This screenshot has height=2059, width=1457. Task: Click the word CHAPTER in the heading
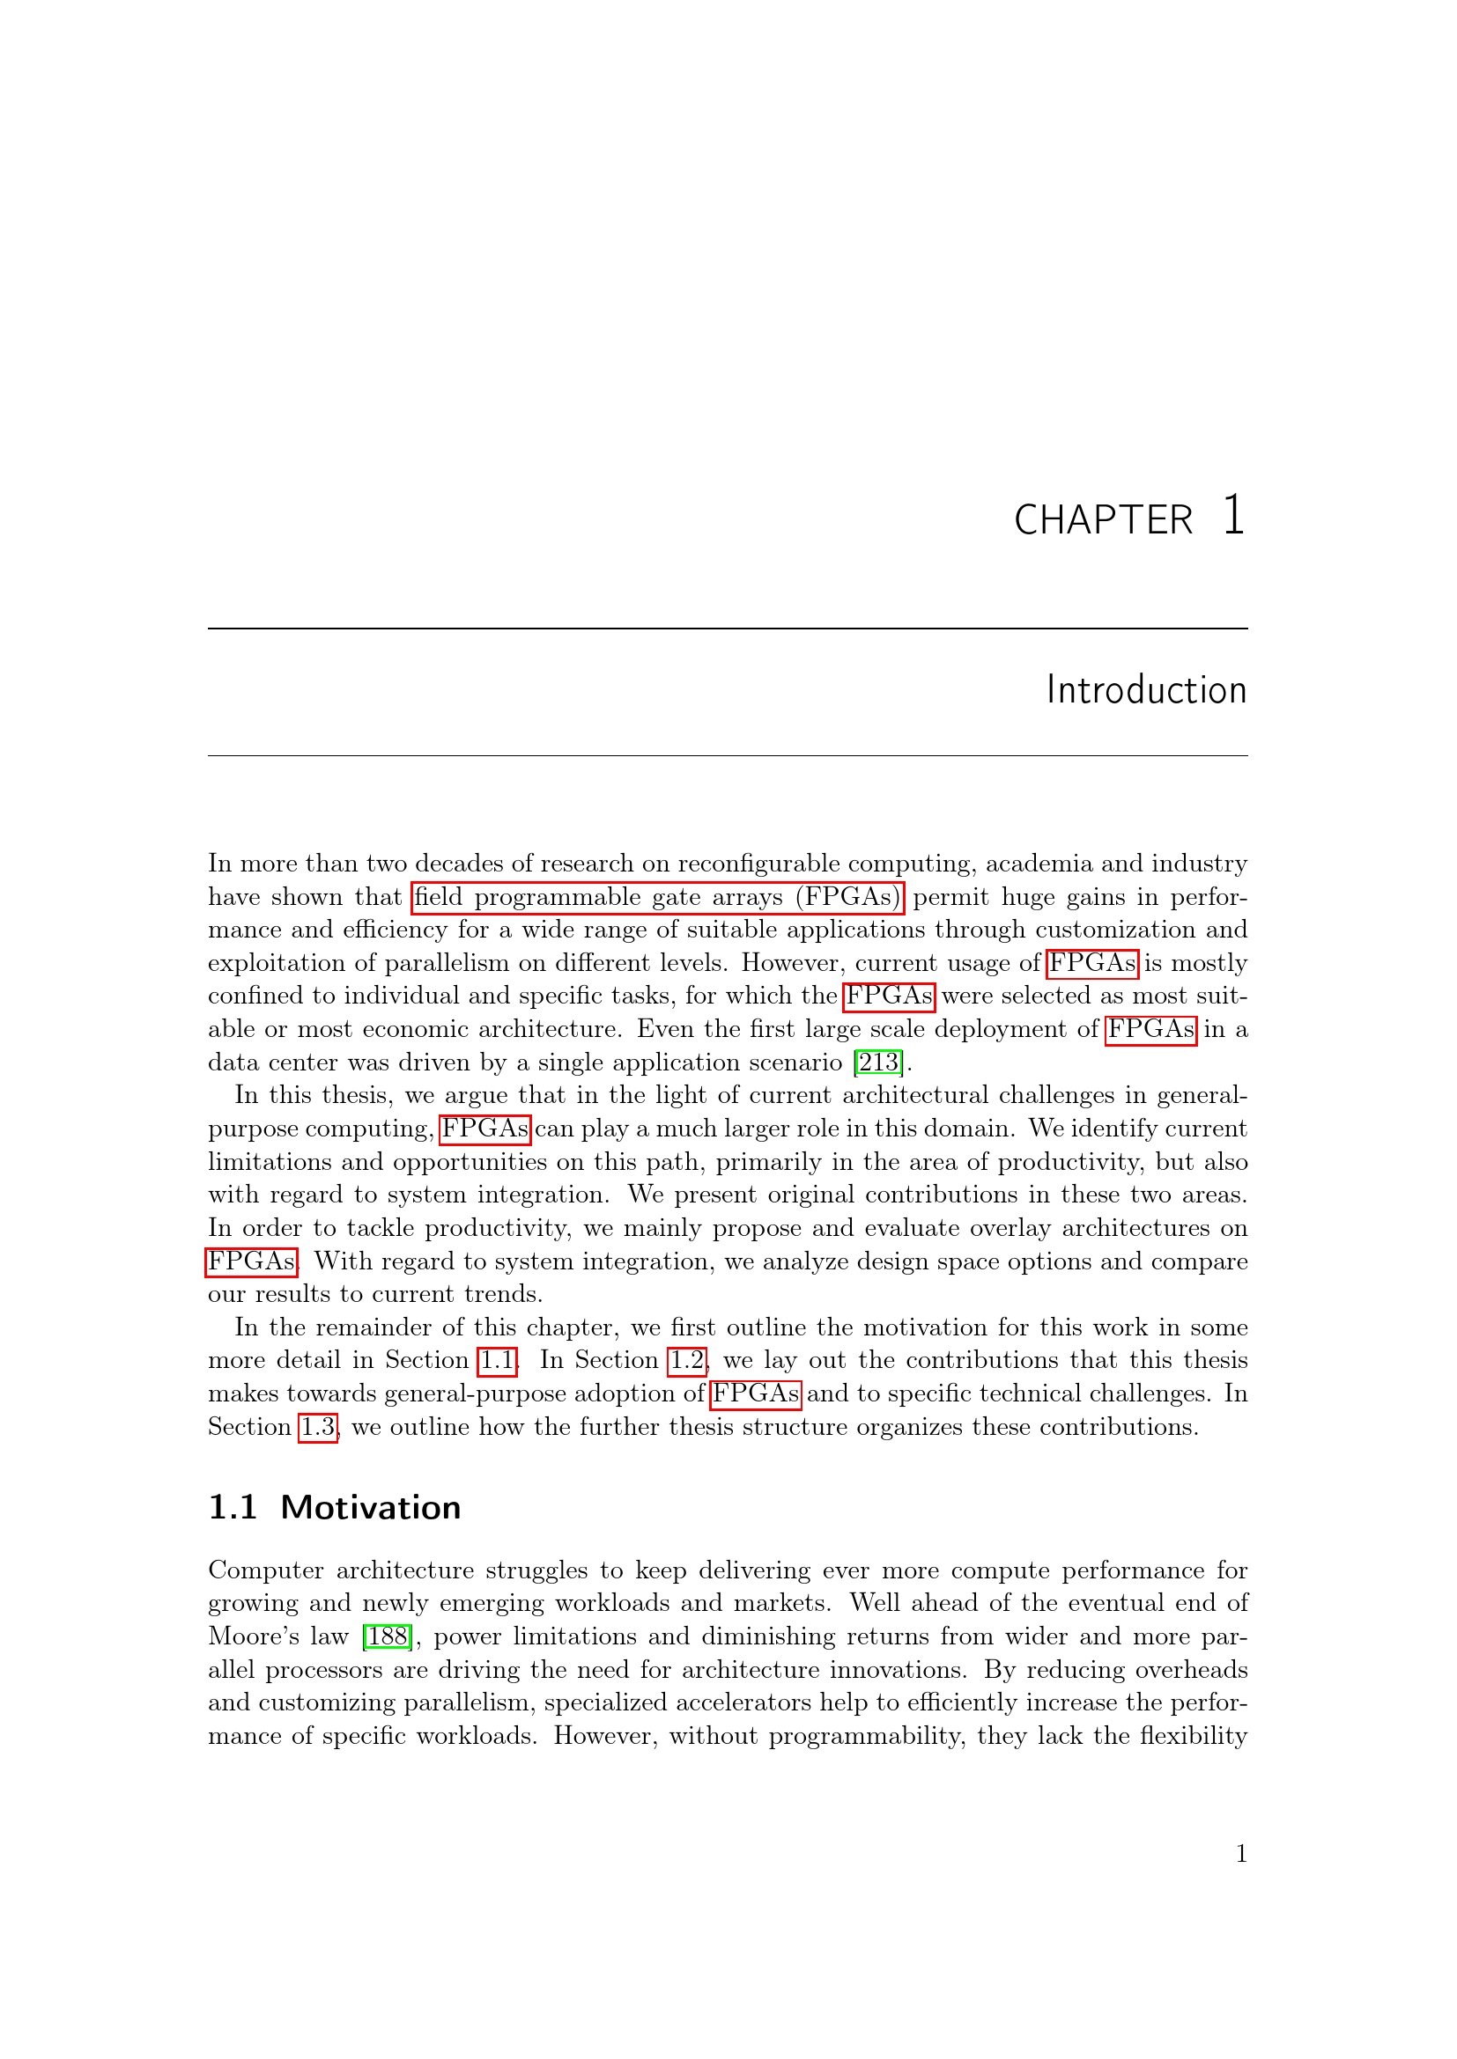pos(1103,520)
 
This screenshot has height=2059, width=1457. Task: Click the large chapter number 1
pos(1233,516)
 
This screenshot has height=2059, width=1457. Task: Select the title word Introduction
pos(1146,689)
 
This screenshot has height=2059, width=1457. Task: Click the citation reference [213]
pos(878,1063)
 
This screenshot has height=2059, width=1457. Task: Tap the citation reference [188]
pos(387,1636)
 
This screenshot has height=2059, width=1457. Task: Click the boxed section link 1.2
pos(687,1360)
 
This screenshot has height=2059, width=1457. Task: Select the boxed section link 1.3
pos(318,1427)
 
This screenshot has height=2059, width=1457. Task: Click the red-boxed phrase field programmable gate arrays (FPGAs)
pos(659,897)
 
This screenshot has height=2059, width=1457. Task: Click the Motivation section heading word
pos(371,1509)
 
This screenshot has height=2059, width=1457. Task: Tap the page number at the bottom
pos(1241,1854)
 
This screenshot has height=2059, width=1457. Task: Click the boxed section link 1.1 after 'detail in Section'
pos(497,1360)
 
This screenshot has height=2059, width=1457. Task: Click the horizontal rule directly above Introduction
pos(728,629)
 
